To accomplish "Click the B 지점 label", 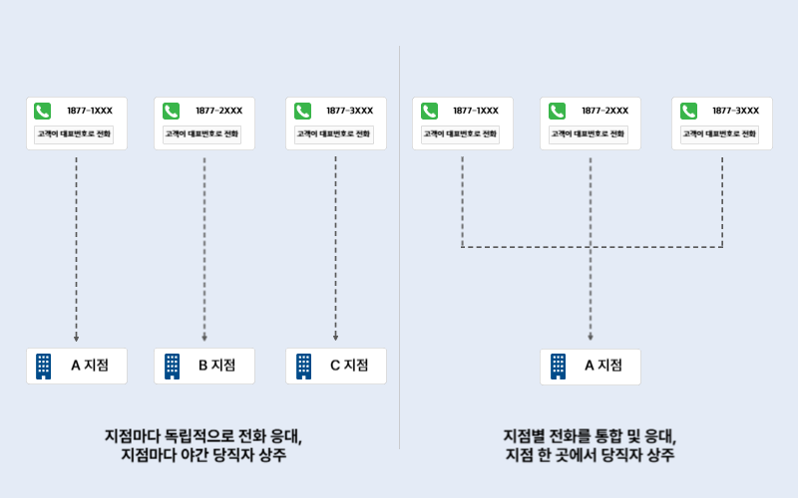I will (216, 366).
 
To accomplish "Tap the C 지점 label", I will (349, 366).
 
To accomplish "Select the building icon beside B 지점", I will (173, 366).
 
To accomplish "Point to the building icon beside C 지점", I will (303, 366).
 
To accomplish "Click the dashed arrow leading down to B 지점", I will (204, 249).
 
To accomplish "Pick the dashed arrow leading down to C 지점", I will (335, 249).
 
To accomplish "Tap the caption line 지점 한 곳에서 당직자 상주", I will (590, 455).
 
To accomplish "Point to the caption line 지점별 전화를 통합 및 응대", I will (590, 435).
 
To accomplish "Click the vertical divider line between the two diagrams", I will (400, 249).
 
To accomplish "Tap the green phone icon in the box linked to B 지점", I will (172, 111).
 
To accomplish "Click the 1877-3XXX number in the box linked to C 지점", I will (349, 111).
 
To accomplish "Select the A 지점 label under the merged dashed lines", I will (602, 366).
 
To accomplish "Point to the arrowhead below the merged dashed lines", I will (591, 338).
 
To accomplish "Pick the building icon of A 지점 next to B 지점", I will (43, 366).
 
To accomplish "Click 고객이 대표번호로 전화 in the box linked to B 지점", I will (204, 133).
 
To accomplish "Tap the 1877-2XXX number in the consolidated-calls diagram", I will (604, 111).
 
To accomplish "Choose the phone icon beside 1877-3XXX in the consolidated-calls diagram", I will (689, 111).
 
